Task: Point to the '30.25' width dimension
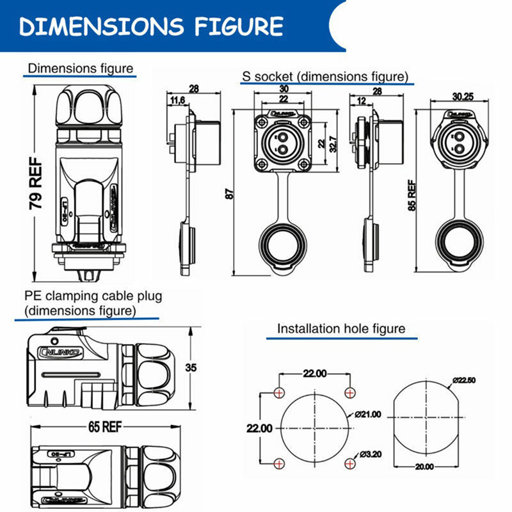tap(463, 97)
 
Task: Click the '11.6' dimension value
tap(177, 100)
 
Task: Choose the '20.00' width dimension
tap(424, 467)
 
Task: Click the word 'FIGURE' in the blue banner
tap(235, 26)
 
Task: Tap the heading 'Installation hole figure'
tap(341, 329)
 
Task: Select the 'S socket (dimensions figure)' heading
tap(325, 77)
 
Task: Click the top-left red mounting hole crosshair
tap(278, 392)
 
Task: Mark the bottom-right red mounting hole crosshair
tap(349, 463)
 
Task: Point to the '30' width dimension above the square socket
tap(284, 89)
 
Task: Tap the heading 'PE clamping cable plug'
tap(93, 296)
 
